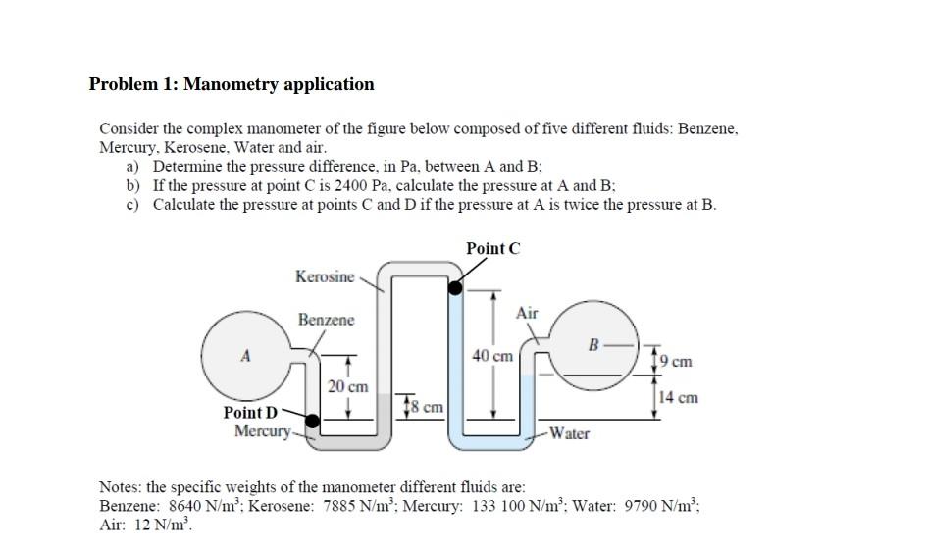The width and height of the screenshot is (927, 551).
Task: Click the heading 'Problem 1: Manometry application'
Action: (232, 84)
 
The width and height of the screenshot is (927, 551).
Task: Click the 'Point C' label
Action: (493, 248)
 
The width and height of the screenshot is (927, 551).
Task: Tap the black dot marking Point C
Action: (456, 287)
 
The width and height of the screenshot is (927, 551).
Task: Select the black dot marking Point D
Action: (313, 422)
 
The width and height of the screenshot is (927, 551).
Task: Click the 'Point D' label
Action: (251, 415)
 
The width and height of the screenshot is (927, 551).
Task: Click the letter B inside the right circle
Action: (592, 344)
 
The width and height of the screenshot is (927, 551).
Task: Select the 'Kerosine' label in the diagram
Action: (325, 277)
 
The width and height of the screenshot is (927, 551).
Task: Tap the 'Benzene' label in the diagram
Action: (327, 321)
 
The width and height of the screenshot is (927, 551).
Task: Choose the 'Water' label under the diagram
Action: (569, 433)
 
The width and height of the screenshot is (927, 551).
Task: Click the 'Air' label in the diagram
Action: (527, 313)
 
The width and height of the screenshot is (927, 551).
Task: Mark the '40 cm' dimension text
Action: (492, 356)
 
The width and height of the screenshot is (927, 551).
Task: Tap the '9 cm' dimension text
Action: (677, 362)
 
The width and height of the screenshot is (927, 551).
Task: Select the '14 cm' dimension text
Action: (679, 397)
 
